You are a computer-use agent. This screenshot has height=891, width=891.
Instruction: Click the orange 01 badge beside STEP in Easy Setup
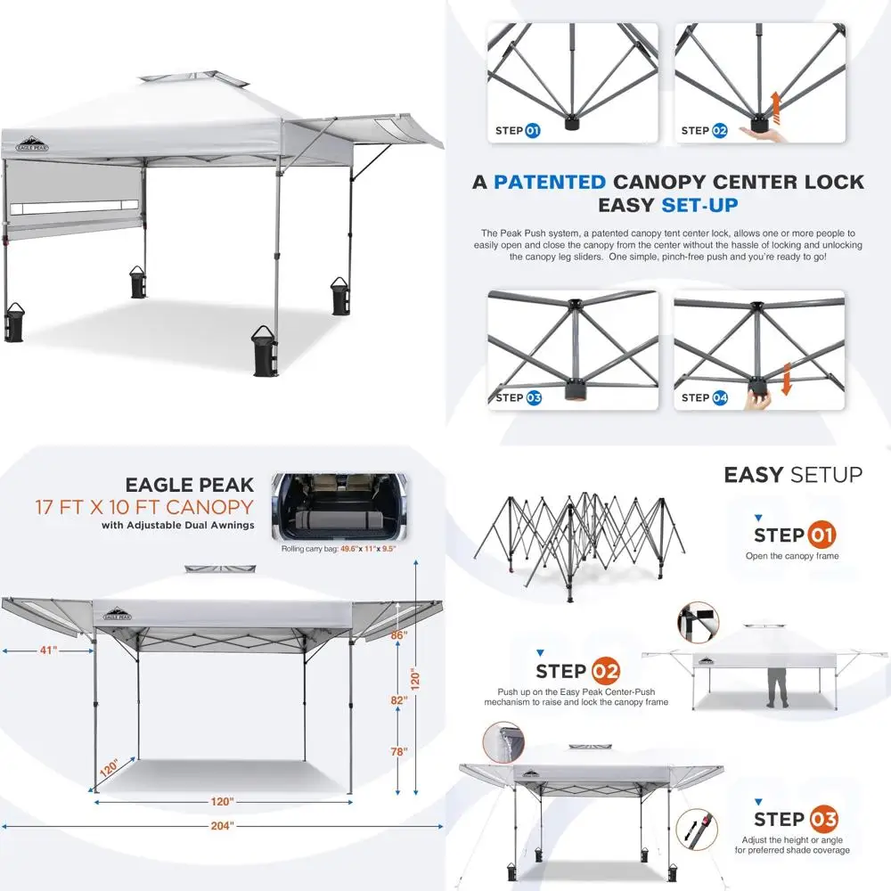tap(822, 535)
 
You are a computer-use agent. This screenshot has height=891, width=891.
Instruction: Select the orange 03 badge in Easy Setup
tap(822, 820)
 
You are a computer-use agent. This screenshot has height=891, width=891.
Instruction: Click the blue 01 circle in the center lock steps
tap(533, 131)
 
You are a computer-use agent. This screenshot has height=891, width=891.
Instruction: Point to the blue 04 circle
tap(719, 397)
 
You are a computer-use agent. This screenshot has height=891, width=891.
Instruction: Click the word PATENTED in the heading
tap(550, 182)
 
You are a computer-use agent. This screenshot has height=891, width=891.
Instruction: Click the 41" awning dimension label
tap(48, 650)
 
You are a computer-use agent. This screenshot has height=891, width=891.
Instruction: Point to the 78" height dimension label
tap(399, 752)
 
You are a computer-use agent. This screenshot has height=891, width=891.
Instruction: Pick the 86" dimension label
tap(398, 635)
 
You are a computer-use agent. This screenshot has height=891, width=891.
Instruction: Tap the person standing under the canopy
tap(776, 685)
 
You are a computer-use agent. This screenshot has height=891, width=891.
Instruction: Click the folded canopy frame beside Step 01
tap(577, 539)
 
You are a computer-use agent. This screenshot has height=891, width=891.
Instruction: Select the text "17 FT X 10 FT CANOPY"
tap(144, 508)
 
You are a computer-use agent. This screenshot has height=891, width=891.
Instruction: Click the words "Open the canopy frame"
tap(792, 557)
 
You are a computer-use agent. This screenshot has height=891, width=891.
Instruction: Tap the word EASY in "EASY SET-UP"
tap(625, 206)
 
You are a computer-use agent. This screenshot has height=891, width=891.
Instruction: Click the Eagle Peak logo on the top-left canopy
tap(31, 143)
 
